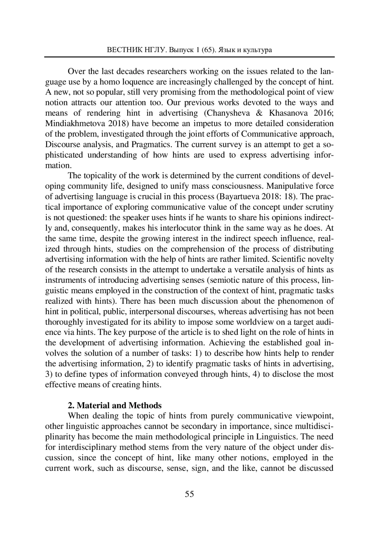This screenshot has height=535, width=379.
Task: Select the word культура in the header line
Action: [258, 50]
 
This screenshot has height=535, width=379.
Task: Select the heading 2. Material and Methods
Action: [115, 405]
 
